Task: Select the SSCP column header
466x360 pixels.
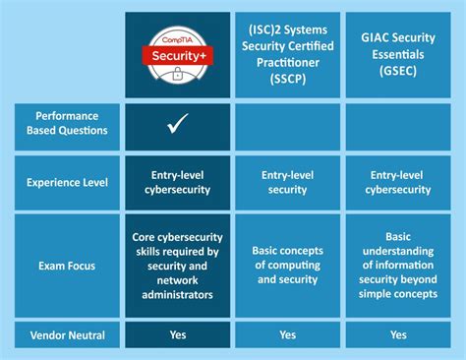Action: pyautogui.click(x=287, y=53)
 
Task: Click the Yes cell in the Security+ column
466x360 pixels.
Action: pyautogui.click(x=178, y=334)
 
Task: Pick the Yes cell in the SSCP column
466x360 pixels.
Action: pyautogui.click(x=287, y=334)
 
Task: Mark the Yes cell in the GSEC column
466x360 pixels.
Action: pyautogui.click(x=399, y=334)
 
